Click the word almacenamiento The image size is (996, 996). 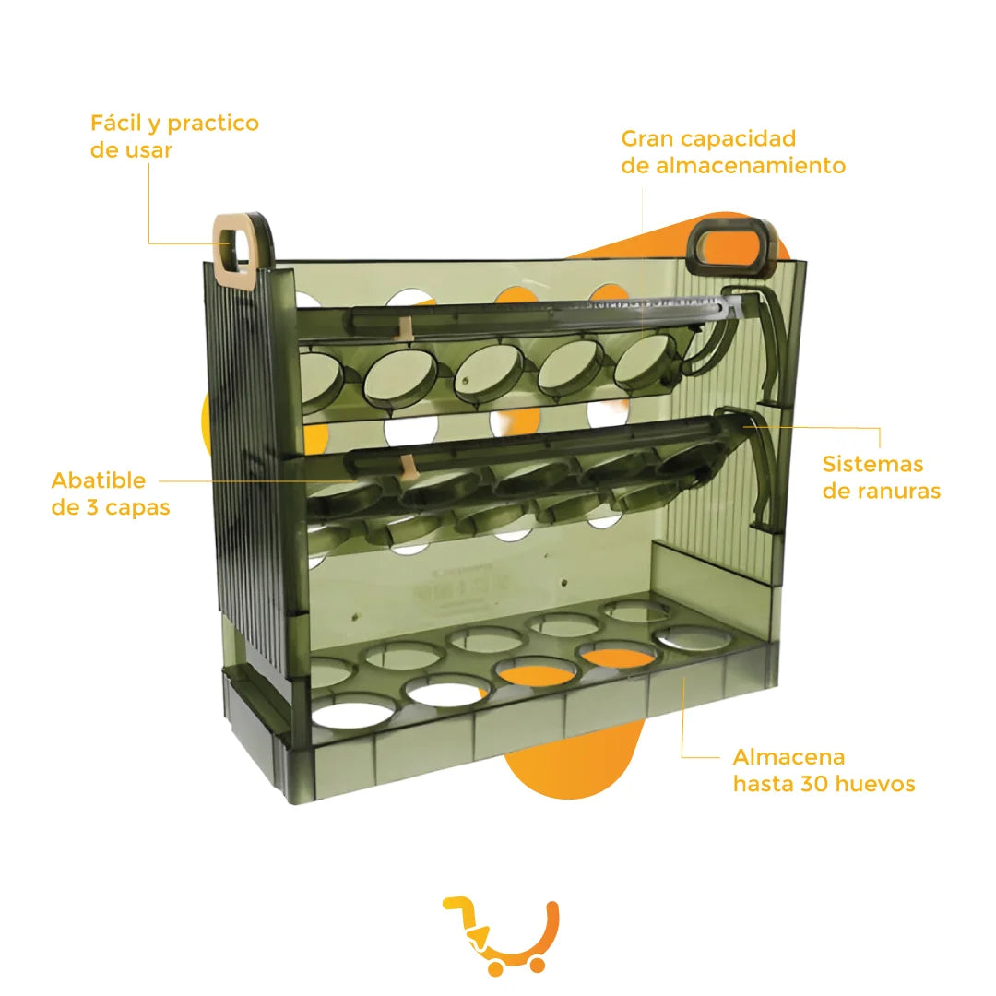coord(750,166)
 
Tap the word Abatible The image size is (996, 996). coord(99,480)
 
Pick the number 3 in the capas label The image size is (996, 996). coord(91,508)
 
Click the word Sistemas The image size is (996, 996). coord(872,464)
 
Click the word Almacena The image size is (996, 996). coord(788,757)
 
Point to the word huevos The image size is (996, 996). coord(875,785)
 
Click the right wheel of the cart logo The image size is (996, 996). coord(538,965)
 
